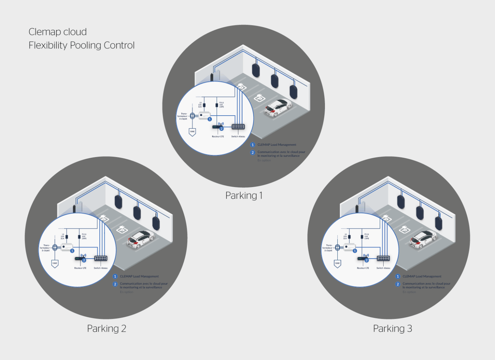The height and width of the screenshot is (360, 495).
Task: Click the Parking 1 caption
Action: pyautogui.click(x=244, y=196)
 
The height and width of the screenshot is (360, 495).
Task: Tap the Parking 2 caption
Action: pyautogui.click(x=106, y=329)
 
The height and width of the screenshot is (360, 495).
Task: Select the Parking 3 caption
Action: pyautogui.click(x=392, y=329)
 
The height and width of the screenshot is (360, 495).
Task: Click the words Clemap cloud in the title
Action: pyautogui.click(x=58, y=32)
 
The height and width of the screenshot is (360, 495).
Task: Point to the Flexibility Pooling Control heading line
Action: pyautogui.click(x=82, y=45)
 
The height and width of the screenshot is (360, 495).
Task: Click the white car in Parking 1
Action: pyautogui.click(x=279, y=107)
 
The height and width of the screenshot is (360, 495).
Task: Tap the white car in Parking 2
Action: pyautogui.click(x=141, y=239)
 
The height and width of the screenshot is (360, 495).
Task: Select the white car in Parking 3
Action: pyautogui.click(x=423, y=239)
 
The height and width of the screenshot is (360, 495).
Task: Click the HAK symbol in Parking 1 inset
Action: pyautogui.click(x=192, y=132)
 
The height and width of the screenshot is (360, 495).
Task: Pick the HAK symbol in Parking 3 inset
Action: pyautogui.click(x=337, y=263)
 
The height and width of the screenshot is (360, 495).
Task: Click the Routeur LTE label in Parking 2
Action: pyautogui.click(x=80, y=268)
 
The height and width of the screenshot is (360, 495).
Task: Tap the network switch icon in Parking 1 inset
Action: pyautogui.click(x=238, y=127)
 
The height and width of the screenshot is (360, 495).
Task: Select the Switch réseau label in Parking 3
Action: pyautogui.click(x=383, y=268)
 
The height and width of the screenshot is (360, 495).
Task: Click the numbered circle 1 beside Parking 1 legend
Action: pyautogui.click(x=252, y=145)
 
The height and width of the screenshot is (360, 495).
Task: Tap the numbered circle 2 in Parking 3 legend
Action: pyautogui.click(x=398, y=284)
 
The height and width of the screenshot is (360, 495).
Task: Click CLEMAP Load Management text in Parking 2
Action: pyautogui.click(x=139, y=277)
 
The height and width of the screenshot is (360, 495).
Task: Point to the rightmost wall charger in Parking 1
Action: pyautogui.click(x=293, y=92)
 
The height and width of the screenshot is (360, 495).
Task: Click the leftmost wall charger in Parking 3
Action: pyautogui.click(x=401, y=202)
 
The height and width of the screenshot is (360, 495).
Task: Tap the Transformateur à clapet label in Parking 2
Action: pyautogui.click(x=45, y=248)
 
